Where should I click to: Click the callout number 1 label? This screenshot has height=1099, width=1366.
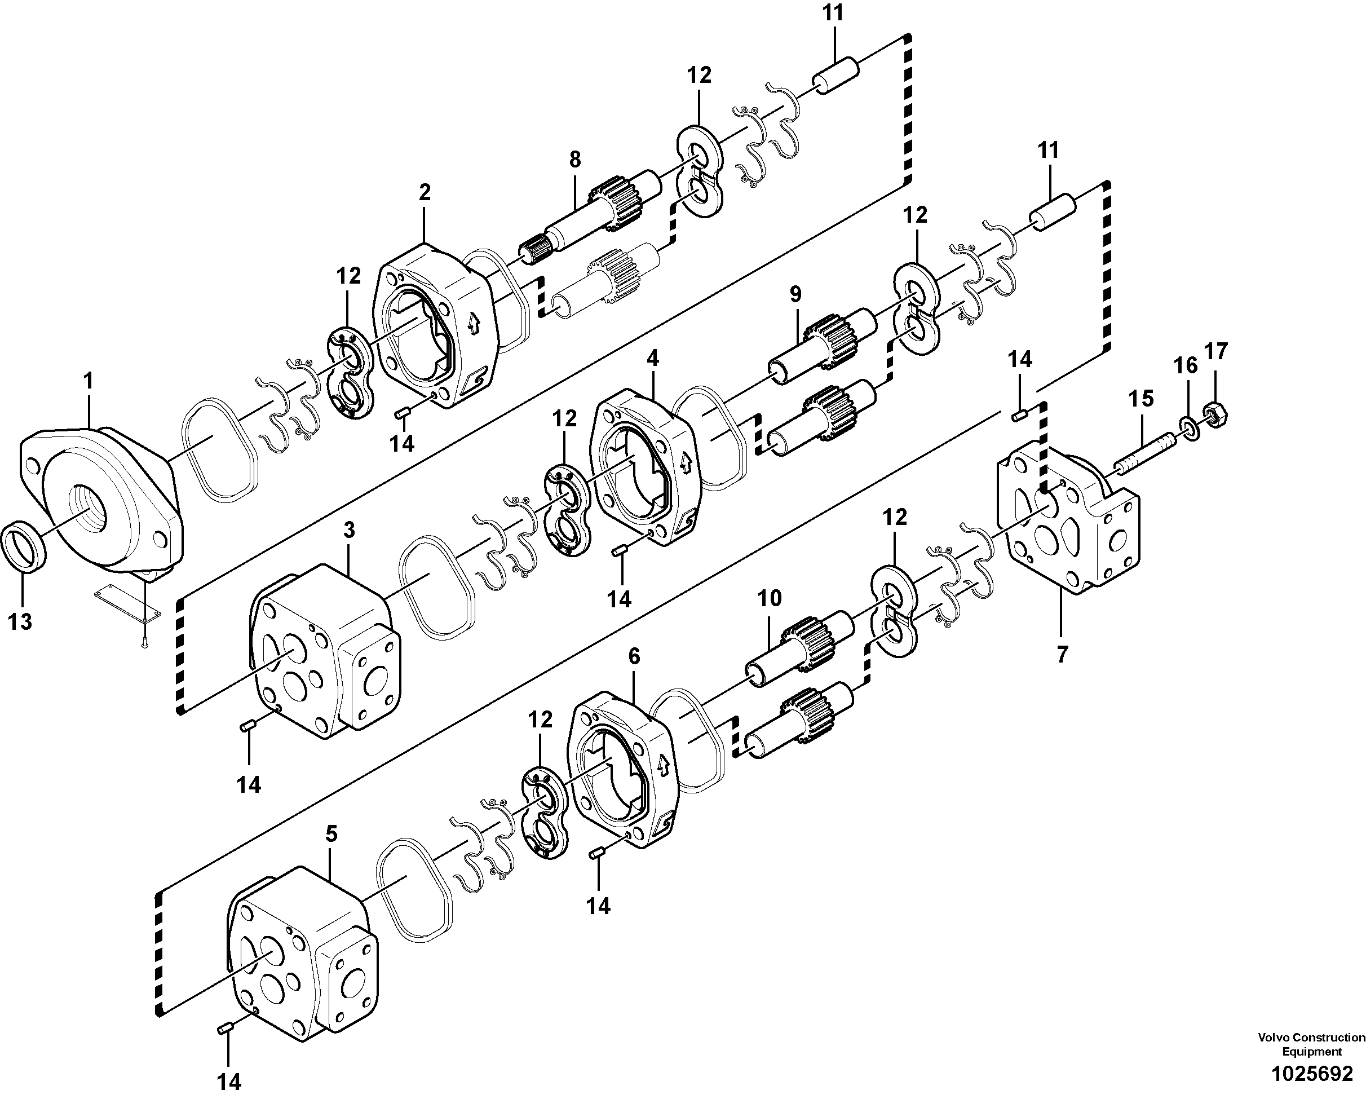[88, 381]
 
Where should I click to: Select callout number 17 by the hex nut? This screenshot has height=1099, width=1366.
[1216, 351]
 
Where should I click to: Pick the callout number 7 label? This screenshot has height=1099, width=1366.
[1063, 654]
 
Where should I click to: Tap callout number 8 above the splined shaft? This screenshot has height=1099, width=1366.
[574, 159]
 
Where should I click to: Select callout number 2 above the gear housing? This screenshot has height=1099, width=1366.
[424, 192]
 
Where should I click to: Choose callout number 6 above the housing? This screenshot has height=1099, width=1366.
[634, 656]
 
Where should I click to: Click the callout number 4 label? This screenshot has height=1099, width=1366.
[653, 358]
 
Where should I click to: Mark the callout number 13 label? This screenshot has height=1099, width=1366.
[20, 621]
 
